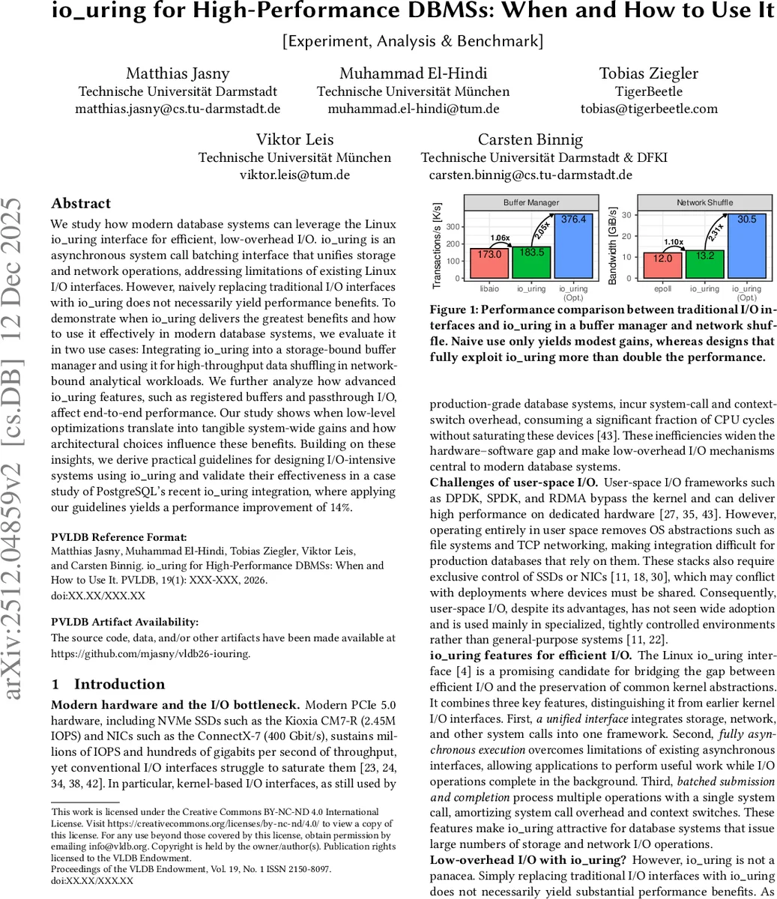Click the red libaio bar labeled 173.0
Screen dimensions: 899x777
coord(489,262)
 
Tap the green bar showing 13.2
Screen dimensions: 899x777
coord(704,264)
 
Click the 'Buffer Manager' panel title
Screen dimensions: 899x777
coord(531,202)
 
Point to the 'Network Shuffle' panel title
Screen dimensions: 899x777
coord(704,202)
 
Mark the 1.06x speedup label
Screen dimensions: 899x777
coord(501,238)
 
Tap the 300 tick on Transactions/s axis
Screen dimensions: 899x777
coord(453,227)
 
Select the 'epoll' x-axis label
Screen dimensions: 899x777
coord(662,288)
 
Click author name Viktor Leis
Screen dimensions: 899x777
coord(294,139)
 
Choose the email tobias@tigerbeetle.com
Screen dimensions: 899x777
coord(649,109)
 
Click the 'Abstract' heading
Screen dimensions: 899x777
coord(81,204)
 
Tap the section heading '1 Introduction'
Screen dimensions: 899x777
coord(108,684)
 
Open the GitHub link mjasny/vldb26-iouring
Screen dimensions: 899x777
coord(150,653)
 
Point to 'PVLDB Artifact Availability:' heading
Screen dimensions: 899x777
coord(125,622)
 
